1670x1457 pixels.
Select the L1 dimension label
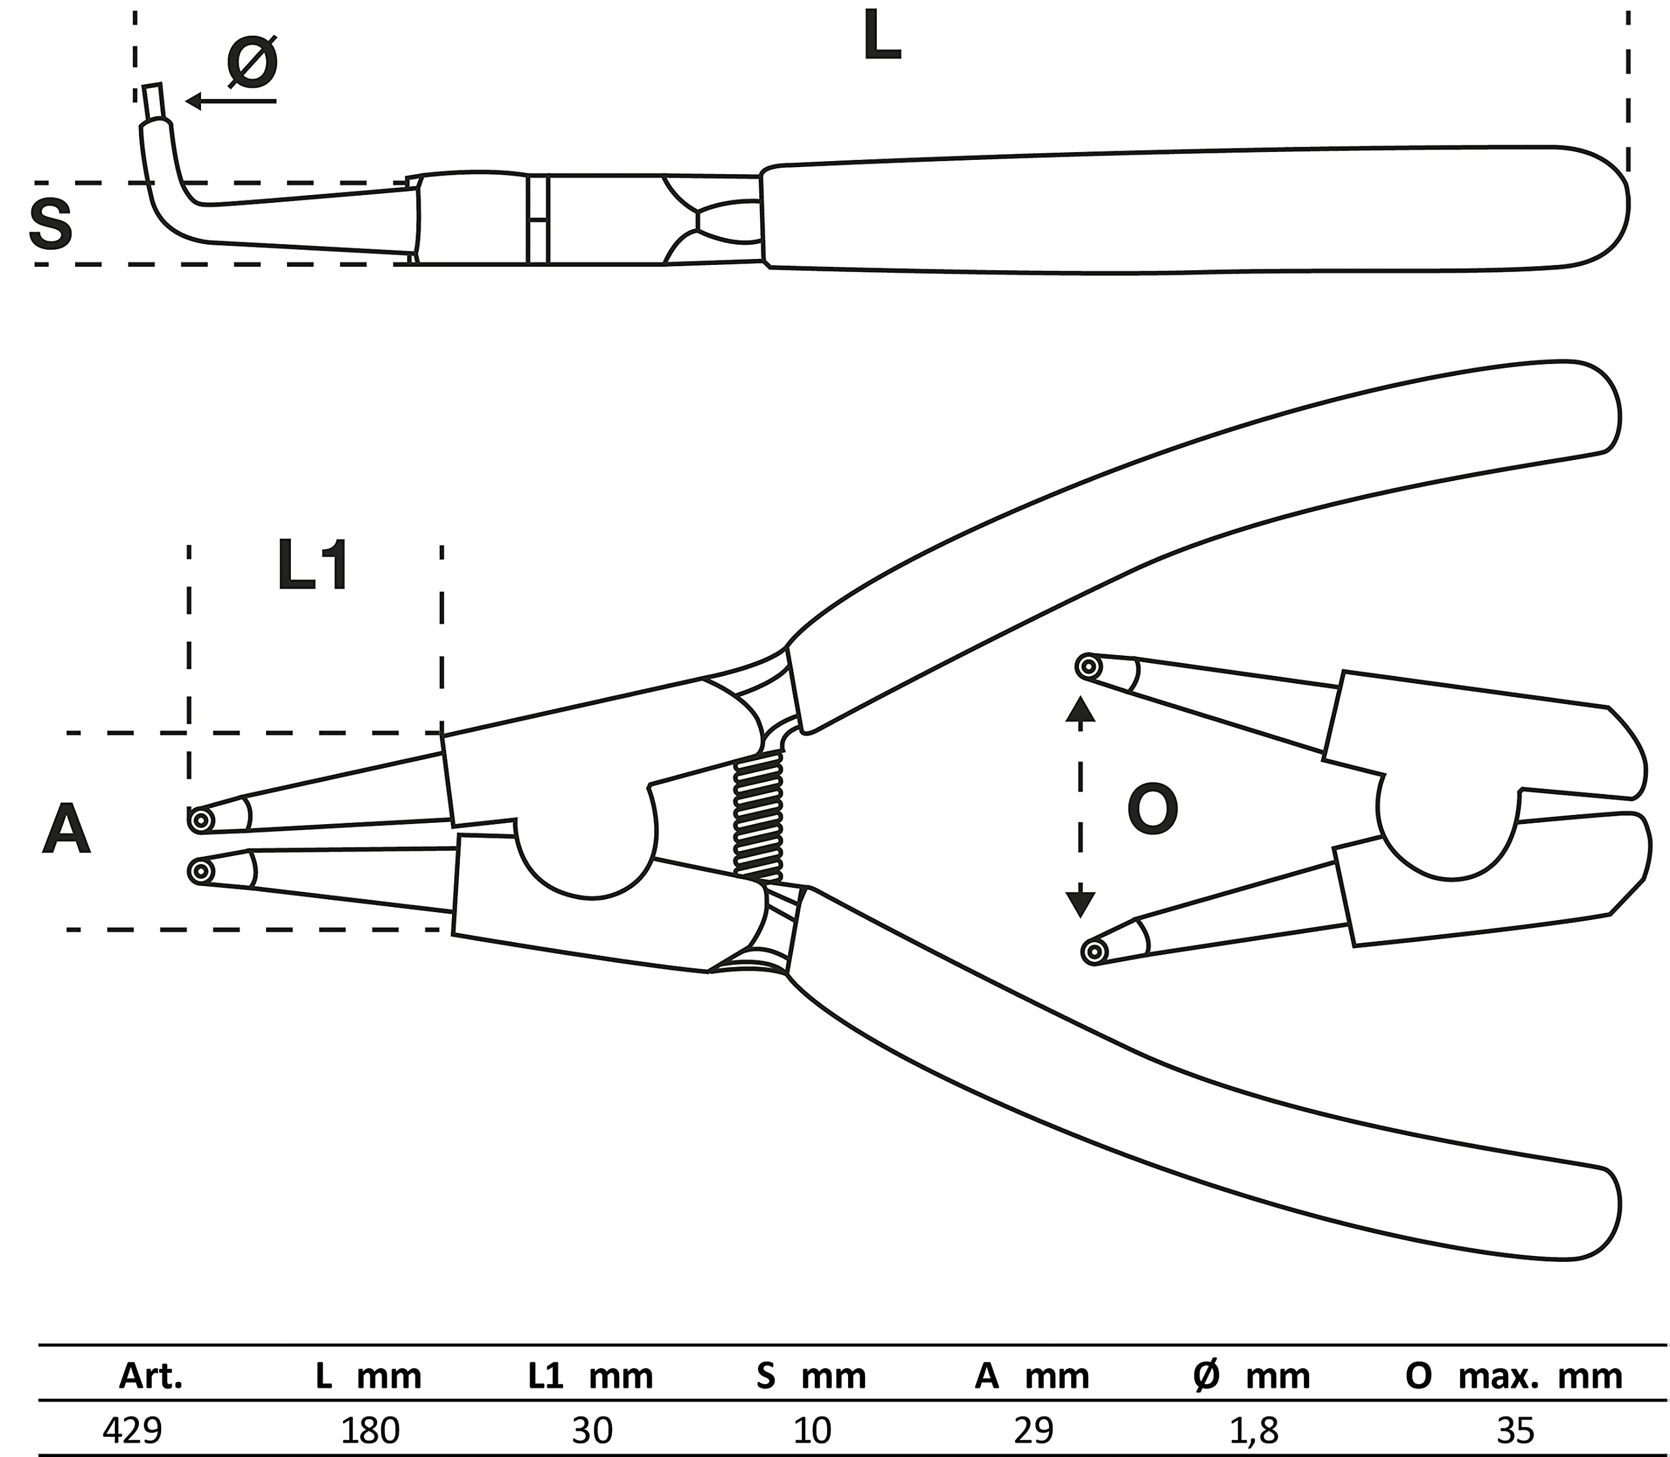tap(313, 567)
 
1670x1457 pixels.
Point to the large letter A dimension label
tap(66, 829)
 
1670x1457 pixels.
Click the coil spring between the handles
tap(758, 816)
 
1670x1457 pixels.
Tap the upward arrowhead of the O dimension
tap(1080, 710)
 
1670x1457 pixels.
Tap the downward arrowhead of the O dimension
tap(1080, 903)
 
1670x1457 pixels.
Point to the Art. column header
tap(151, 1375)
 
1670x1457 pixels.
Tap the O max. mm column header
tap(1514, 1375)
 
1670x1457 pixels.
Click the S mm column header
tap(811, 1375)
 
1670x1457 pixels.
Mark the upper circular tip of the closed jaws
tap(200, 820)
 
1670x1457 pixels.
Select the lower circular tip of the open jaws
tap(1095, 951)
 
